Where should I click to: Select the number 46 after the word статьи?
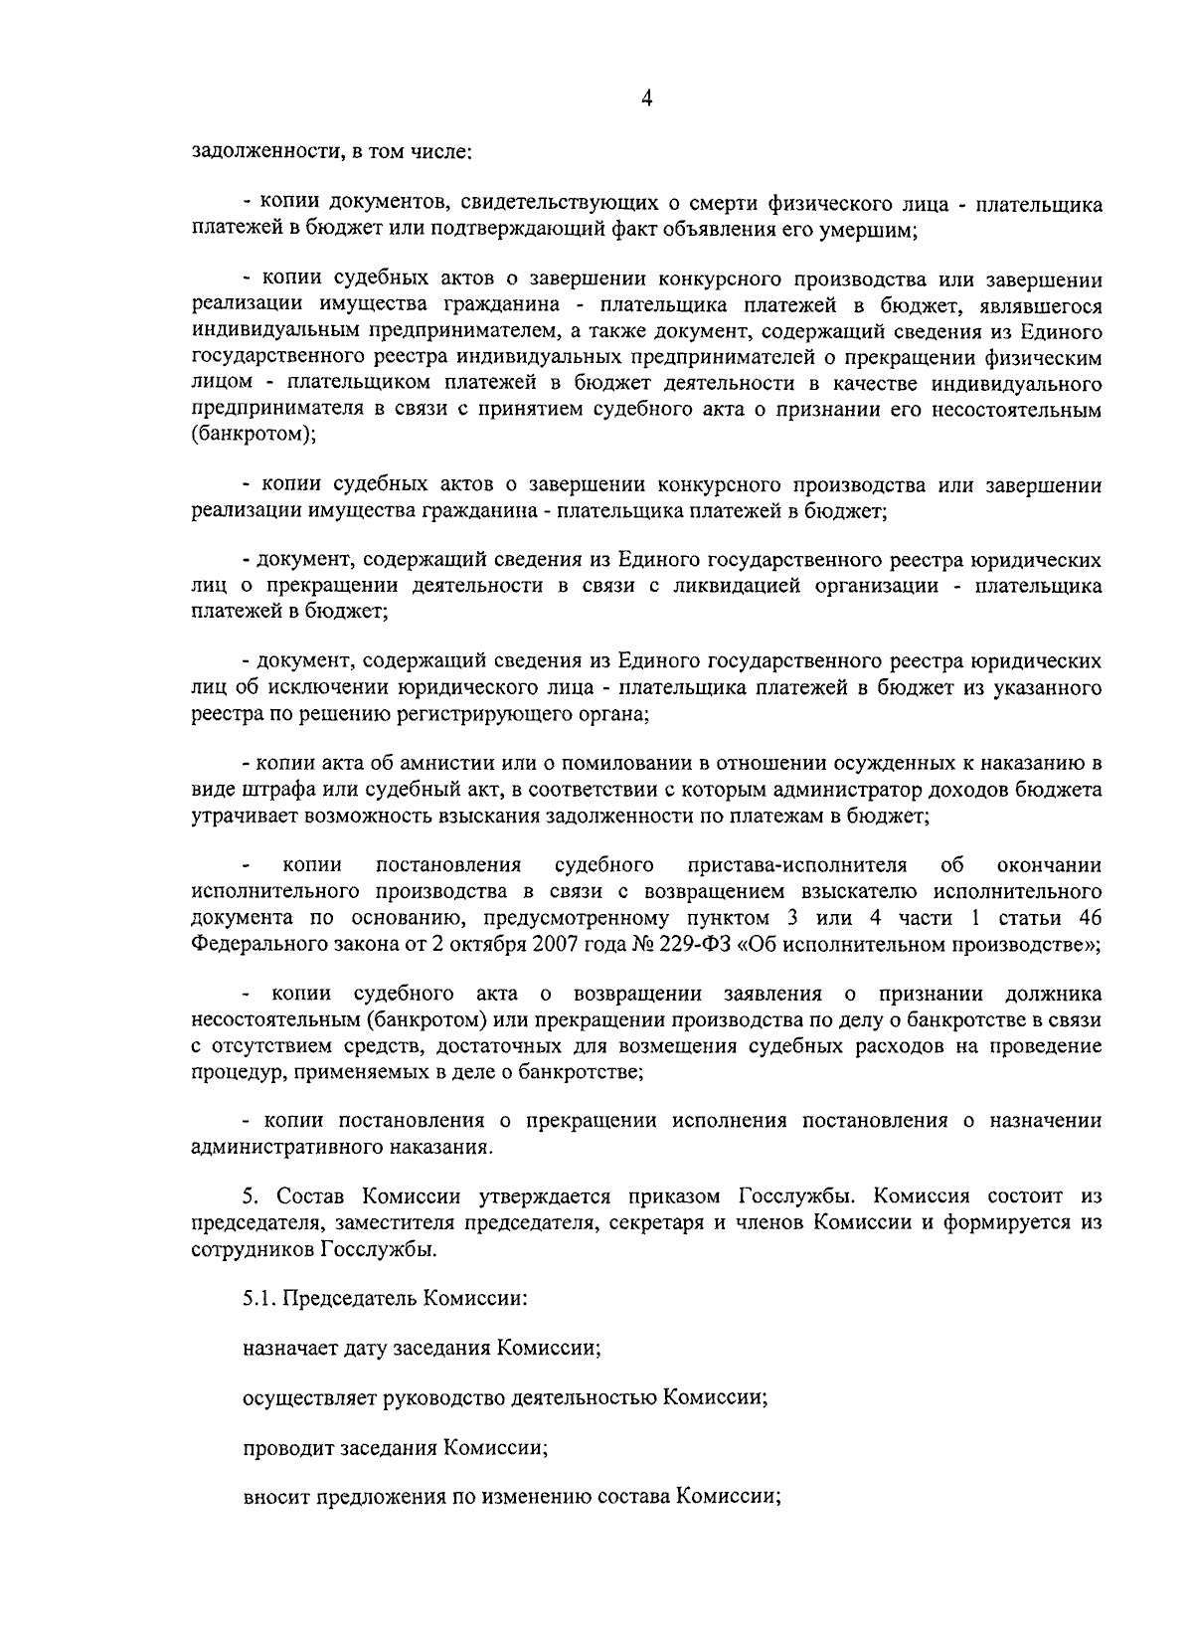1089,917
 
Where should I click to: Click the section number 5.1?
260,1299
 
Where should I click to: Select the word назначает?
287,1349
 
